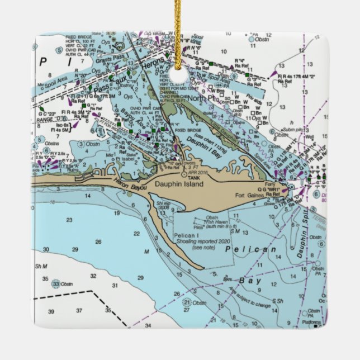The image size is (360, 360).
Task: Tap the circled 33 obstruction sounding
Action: (x=56, y=283)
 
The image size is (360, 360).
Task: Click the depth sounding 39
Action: (x=51, y=311)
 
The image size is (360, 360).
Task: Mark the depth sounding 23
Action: (x=69, y=220)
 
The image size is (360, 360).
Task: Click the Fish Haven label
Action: (x=217, y=222)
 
